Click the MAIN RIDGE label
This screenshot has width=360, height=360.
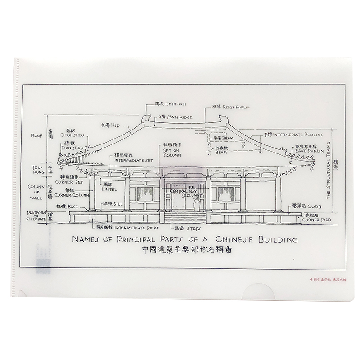pos(180,117)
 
